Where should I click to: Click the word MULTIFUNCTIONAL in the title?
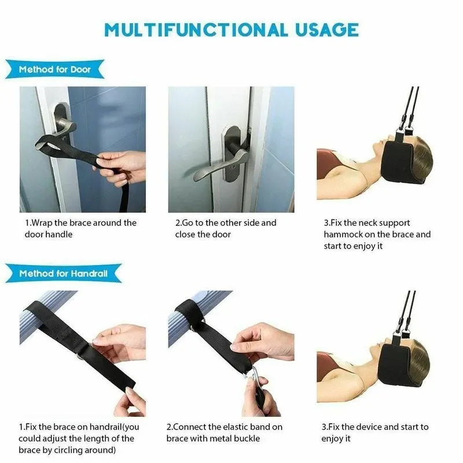point(196,30)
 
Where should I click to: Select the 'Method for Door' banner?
point(55,69)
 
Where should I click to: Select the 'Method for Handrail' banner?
point(63,273)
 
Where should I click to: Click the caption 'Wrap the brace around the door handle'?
point(80,228)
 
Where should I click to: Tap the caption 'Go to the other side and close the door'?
point(226,228)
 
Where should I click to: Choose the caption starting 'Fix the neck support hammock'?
point(377,234)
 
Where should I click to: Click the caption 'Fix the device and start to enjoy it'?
point(375,432)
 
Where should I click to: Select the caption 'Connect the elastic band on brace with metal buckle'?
point(225,432)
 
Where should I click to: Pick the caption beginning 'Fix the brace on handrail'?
point(79,438)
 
